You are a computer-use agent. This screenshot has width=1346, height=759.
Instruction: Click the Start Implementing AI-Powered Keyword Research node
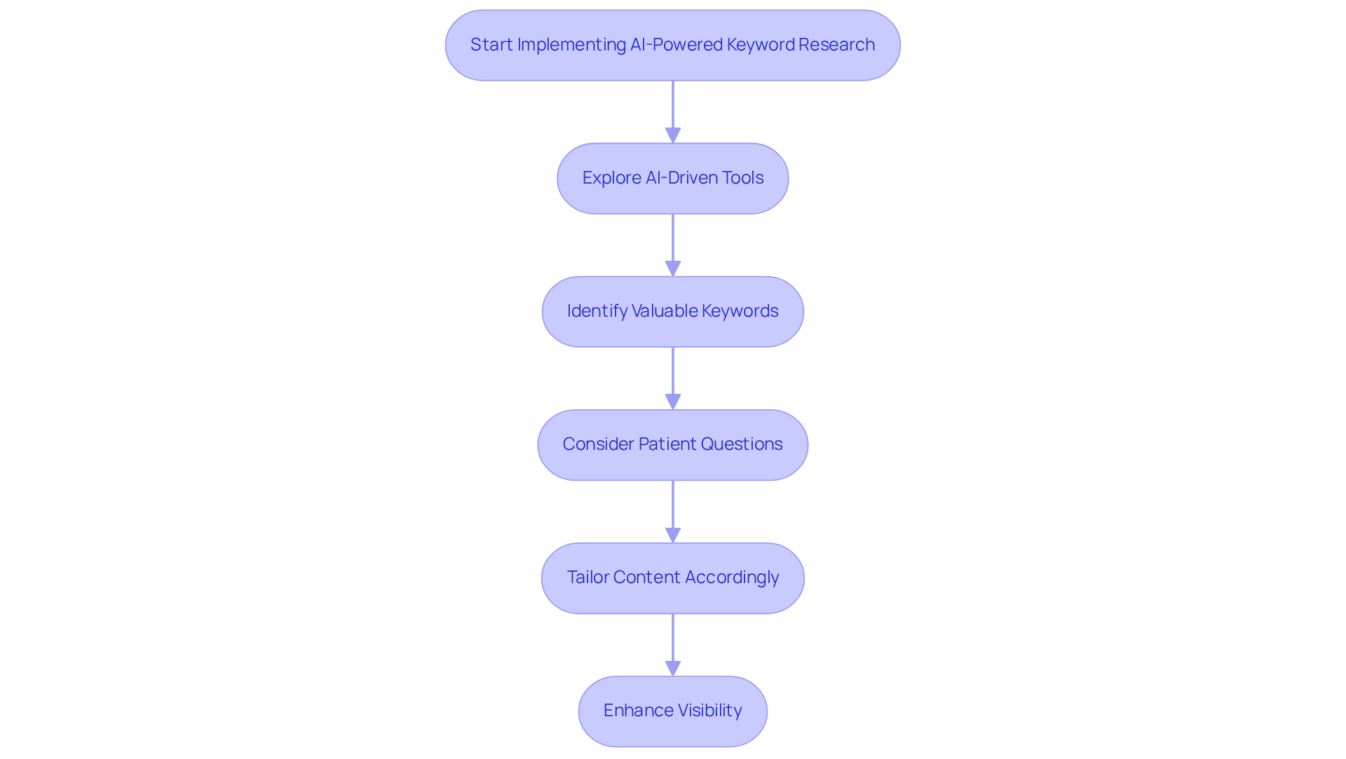(672, 45)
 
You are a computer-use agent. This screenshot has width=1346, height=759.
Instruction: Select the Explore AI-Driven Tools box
(672, 178)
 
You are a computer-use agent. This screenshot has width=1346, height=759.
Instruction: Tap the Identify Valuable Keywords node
(672, 311)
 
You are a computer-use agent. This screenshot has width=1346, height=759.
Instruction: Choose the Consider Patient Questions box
(672, 444)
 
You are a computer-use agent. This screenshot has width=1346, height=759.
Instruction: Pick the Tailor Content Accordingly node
(672, 577)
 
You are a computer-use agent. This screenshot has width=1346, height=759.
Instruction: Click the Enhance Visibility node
(672, 711)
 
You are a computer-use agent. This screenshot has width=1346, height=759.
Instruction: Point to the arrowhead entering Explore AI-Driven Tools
(673, 135)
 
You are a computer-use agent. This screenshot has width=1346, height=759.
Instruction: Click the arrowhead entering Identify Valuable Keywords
(673, 268)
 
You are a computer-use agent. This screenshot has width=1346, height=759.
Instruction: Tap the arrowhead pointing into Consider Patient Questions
(673, 402)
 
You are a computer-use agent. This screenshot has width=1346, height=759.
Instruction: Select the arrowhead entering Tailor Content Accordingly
(673, 535)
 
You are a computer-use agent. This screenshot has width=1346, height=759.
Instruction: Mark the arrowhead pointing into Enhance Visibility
(673, 668)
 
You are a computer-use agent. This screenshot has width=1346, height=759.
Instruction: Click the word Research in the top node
(836, 45)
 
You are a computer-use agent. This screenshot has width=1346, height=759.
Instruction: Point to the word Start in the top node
(491, 45)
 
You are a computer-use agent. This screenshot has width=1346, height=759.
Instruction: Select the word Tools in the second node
(742, 178)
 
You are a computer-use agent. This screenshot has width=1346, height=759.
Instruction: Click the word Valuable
(665, 311)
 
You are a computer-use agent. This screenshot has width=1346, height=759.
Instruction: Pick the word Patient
(667, 444)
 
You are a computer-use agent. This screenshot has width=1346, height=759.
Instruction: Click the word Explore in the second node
(611, 178)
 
